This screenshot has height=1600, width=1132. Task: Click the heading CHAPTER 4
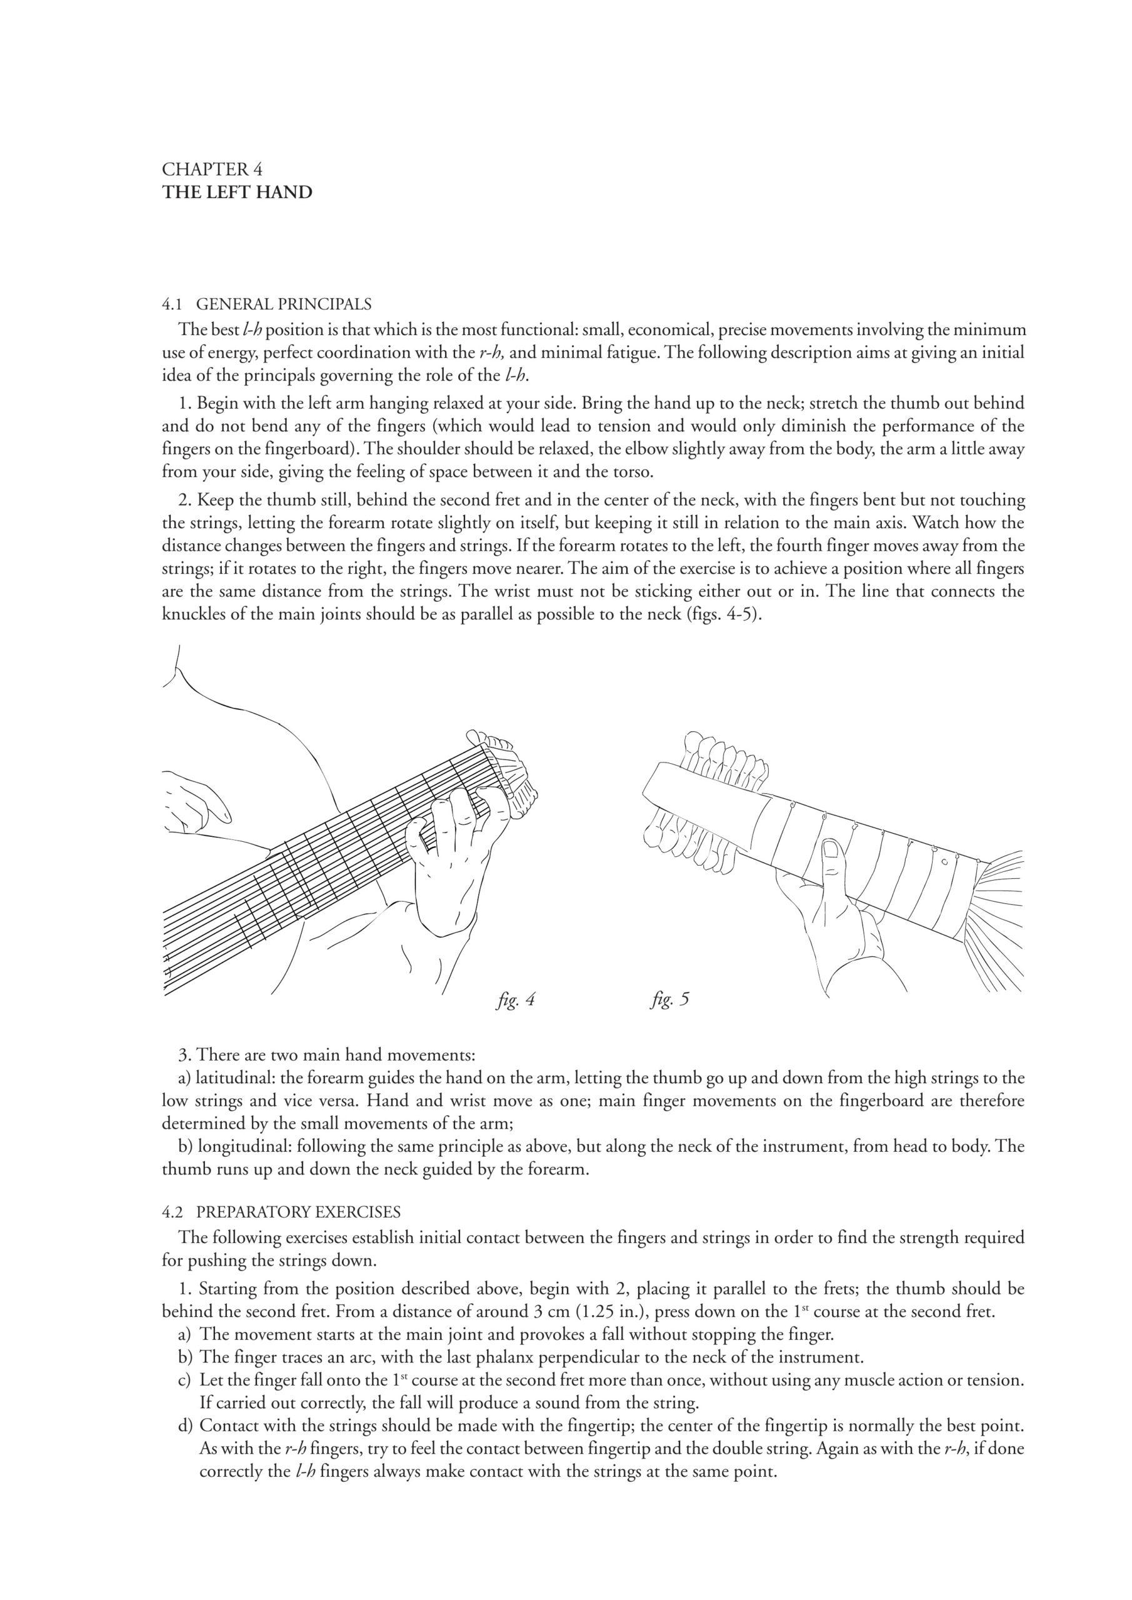point(212,169)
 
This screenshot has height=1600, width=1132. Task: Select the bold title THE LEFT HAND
point(237,192)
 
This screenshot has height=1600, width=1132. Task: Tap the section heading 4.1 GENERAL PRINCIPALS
point(266,304)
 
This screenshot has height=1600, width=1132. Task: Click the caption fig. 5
point(670,1000)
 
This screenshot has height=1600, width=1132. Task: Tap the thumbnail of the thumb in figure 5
point(831,849)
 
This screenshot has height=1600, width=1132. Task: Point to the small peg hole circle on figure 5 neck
point(944,862)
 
